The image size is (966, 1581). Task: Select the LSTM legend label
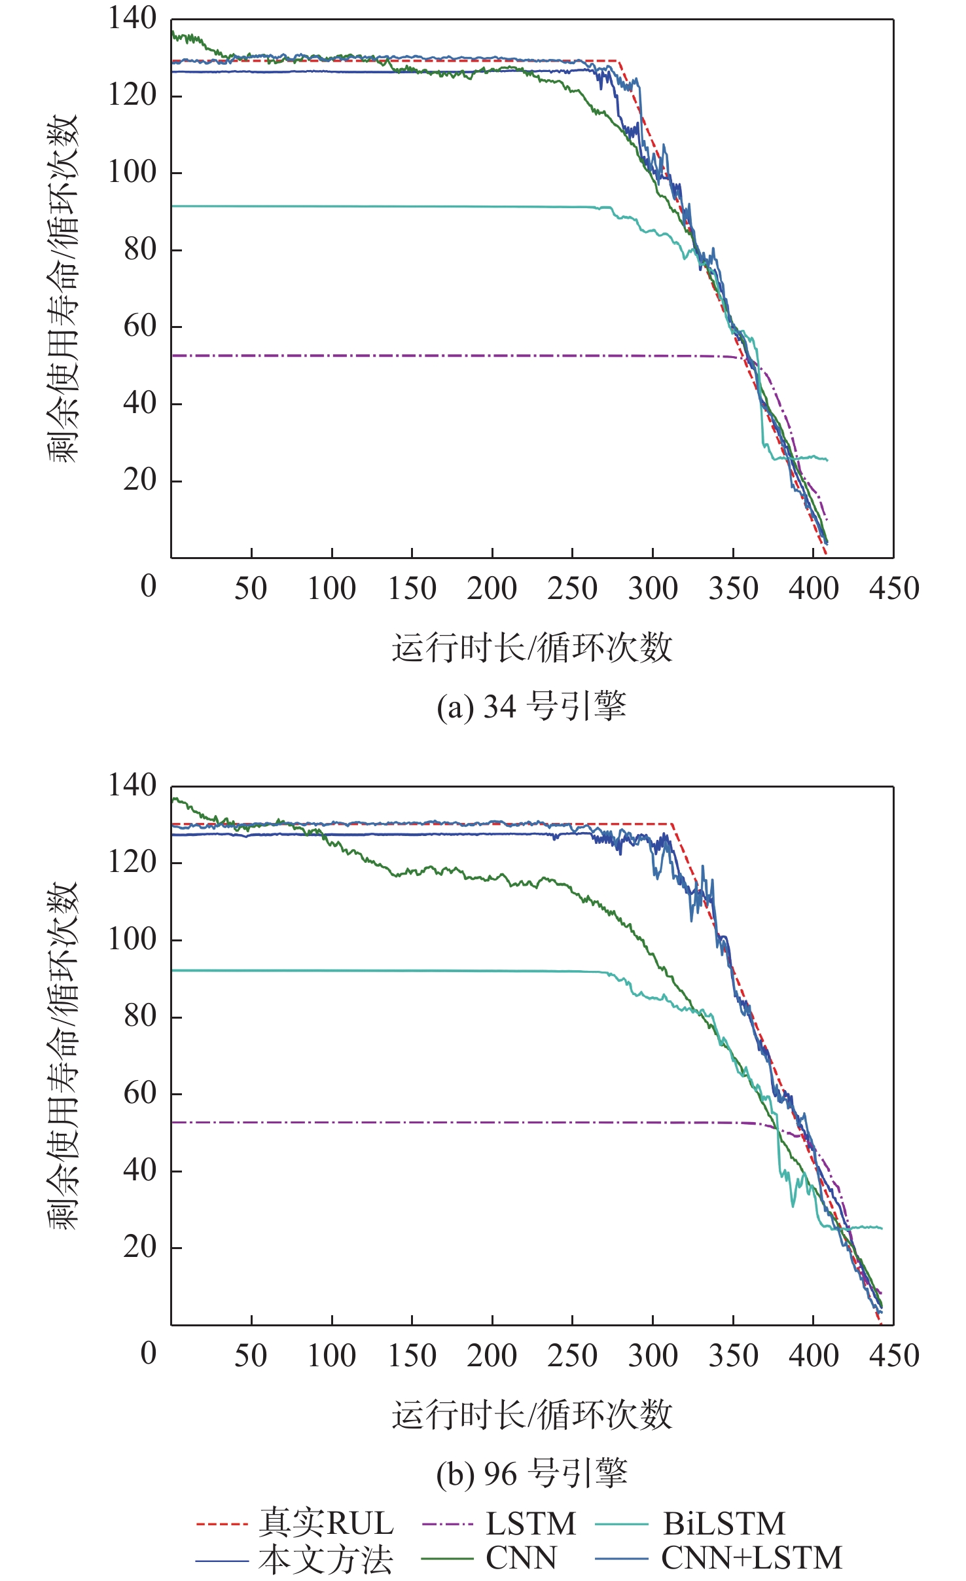point(530,1524)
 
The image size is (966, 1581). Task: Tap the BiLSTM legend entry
point(724,1524)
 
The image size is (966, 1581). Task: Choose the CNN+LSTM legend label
point(751,1558)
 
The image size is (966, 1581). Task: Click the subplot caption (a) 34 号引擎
point(531,707)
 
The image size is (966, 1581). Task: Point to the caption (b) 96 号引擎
point(531,1474)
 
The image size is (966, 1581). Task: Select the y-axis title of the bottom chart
point(63,1055)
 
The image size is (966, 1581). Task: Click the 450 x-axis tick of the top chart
point(894,589)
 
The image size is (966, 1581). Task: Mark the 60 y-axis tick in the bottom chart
point(140,1093)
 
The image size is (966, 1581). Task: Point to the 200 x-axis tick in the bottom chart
point(492,1356)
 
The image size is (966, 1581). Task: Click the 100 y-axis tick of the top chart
point(132,172)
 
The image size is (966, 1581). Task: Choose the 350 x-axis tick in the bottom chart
point(733,1356)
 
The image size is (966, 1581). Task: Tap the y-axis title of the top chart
point(63,288)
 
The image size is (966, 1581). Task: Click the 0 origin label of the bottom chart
point(149,1353)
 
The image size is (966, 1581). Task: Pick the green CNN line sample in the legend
point(447,1559)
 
